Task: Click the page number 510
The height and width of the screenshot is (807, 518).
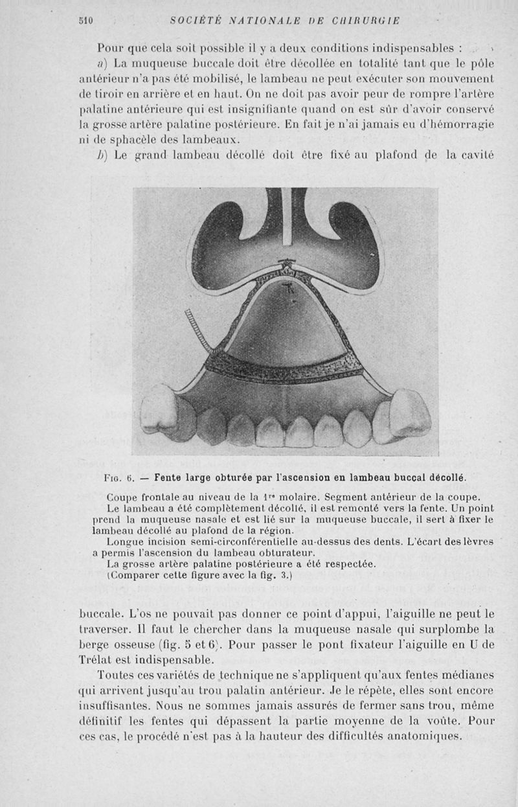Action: tap(85, 20)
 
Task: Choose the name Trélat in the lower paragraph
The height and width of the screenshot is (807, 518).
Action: tap(98, 660)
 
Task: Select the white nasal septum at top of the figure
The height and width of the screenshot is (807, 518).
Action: tap(286, 220)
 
